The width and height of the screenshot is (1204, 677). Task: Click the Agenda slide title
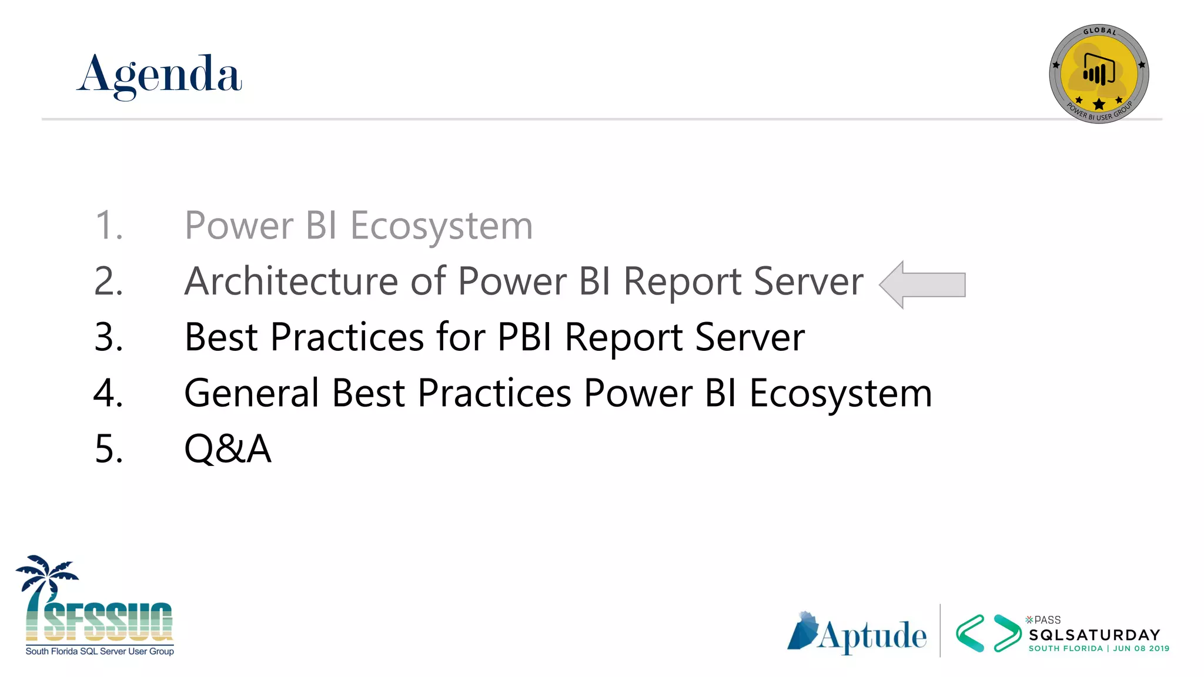(x=159, y=75)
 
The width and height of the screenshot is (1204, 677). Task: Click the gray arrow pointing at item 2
(x=923, y=284)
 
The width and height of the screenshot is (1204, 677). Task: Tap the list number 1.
(x=109, y=226)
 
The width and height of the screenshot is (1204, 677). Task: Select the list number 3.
(x=109, y=337)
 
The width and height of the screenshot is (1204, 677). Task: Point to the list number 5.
(x=109, y=449)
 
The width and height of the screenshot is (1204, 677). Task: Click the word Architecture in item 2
(x=291, y=281)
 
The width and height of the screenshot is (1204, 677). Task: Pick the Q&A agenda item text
(x=228, y=449)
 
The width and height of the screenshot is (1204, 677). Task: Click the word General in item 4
(x=252, y=393)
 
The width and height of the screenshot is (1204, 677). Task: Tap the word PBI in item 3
(x=525, y=337)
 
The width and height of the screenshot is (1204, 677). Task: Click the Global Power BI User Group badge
(x=1099, y=74)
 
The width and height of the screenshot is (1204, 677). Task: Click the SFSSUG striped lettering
(x=109, y=622)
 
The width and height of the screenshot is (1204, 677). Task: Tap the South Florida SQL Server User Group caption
(x=100, y=652)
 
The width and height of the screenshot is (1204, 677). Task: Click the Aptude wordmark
(x=872, y=636)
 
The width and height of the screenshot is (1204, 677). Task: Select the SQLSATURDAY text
(x=1095, y=635)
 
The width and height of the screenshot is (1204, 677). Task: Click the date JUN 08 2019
(x=1141, y=649)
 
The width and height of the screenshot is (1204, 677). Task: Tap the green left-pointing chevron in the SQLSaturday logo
(x=970, y=634)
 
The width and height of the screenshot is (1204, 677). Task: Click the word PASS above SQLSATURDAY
(x=1047, y=620)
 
